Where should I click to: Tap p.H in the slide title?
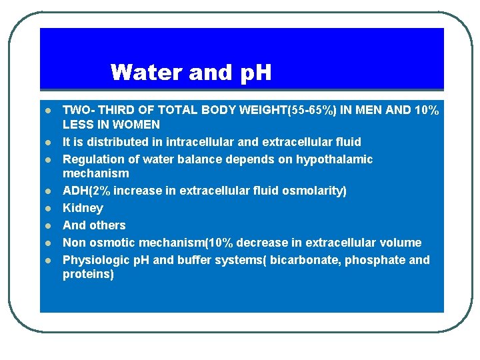click(x=251, y=72)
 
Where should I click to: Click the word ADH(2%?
click(x=87, y=191)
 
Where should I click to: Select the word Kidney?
click(x=83, y=208)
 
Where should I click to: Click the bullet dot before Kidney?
click(x=48, y=209)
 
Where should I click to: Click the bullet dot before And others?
click(x=48, y=226)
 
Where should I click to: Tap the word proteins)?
click(x=88, y=274)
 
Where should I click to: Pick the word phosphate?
click(x=377, y=260)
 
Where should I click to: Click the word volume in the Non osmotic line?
click(x=399, y=243)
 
